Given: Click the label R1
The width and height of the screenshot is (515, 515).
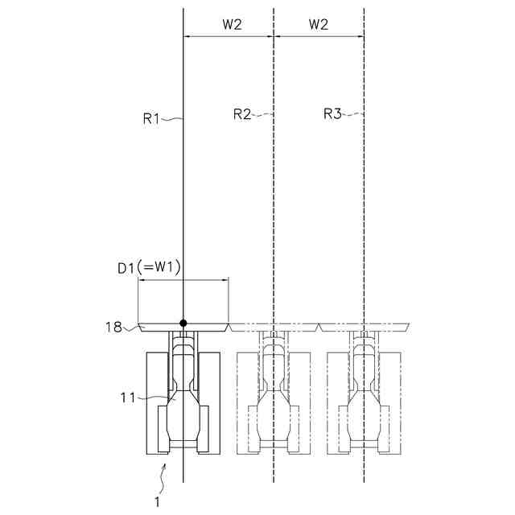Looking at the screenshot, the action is tap(151, 118).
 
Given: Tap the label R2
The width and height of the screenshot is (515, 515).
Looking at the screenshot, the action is tap(242, 114).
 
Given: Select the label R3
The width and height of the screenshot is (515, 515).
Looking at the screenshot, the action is tap(332, 113).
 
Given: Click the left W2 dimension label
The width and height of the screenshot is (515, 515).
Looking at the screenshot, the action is tap(232, 24).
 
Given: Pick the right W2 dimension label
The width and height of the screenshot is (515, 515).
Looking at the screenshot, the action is tap(319, 24).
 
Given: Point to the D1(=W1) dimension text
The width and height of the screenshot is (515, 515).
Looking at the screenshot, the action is tap(149, 268).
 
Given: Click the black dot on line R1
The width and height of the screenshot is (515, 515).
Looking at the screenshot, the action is tap(183, 323).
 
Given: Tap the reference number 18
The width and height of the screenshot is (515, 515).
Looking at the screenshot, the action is tap(113, 328).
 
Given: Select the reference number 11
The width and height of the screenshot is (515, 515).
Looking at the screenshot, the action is tap(128, 398).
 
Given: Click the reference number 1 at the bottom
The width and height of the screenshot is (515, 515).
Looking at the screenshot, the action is tap(158, 502).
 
